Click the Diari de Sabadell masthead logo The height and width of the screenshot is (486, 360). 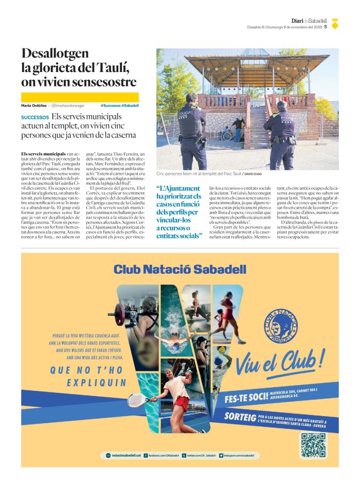(309, 21)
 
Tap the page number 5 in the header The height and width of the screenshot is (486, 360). (326, 27)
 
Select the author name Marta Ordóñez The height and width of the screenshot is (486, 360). (34, 105)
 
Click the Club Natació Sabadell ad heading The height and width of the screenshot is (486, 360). (179, 269)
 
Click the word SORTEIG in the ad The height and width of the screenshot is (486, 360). (240, 416)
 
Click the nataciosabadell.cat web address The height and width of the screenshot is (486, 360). (123, 455)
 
